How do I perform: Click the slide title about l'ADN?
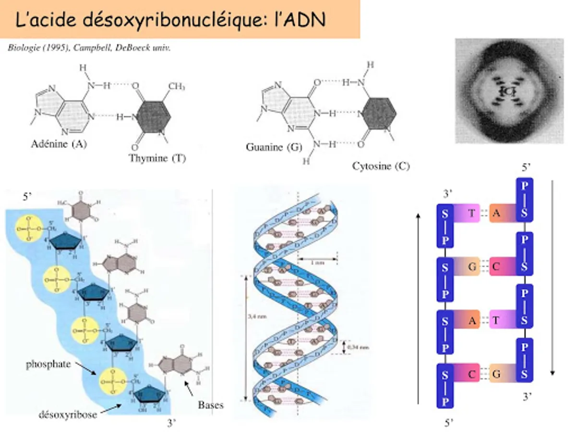click(170, 20)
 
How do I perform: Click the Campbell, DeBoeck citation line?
click(89, 48)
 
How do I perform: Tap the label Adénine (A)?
click(59, 144)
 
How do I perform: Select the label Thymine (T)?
click(157, 158)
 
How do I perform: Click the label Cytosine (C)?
click(381, 166)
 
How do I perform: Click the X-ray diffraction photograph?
click(509, 91)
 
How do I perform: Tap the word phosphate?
click(48, 364)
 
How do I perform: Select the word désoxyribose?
click(68, 414)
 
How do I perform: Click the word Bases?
click(211, 405)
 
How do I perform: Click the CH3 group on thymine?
click(177, 86)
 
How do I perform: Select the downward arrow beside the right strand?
click(553, 278)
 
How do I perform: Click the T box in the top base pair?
click(471, 214)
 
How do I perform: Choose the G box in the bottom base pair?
click(496, 374)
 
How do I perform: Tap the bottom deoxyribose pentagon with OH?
click(149, 396)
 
